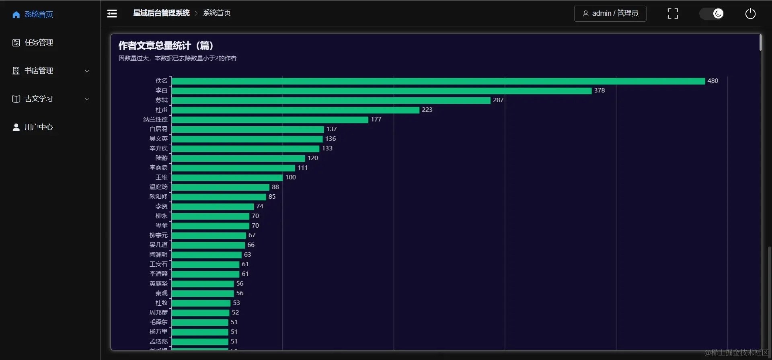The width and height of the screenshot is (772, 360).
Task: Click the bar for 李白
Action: coord(381,91)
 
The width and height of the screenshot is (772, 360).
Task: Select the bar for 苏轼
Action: coord(331,101)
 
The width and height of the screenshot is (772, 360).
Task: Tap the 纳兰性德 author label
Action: coord(155,119)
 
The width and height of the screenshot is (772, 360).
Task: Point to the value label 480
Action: coord(712,81)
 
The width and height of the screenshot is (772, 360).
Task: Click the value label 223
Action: coord(427,110)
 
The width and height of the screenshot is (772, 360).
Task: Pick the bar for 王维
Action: coord(227,177)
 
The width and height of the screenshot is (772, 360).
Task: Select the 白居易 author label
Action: coord(158,129)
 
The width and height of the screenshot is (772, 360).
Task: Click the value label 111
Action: coord(302,168)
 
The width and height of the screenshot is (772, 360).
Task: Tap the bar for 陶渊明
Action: coord(206,255)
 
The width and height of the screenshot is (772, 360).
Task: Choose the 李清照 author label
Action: coord(158,274)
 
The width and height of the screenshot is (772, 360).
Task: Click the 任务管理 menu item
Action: coord(39,43)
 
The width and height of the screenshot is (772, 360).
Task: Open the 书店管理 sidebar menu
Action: coord(39,71)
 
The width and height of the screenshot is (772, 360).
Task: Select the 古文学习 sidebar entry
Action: coord(39,99)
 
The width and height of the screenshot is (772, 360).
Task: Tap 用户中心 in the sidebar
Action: coord(39,127)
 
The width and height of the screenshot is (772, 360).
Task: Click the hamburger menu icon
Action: coord(112,14)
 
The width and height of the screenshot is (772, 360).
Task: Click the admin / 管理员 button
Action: coord(610,14)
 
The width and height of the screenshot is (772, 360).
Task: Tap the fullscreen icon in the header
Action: coord(673,14)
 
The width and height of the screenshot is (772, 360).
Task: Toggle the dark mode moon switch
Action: coord(712,14)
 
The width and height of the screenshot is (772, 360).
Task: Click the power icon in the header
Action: coord(750,14)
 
